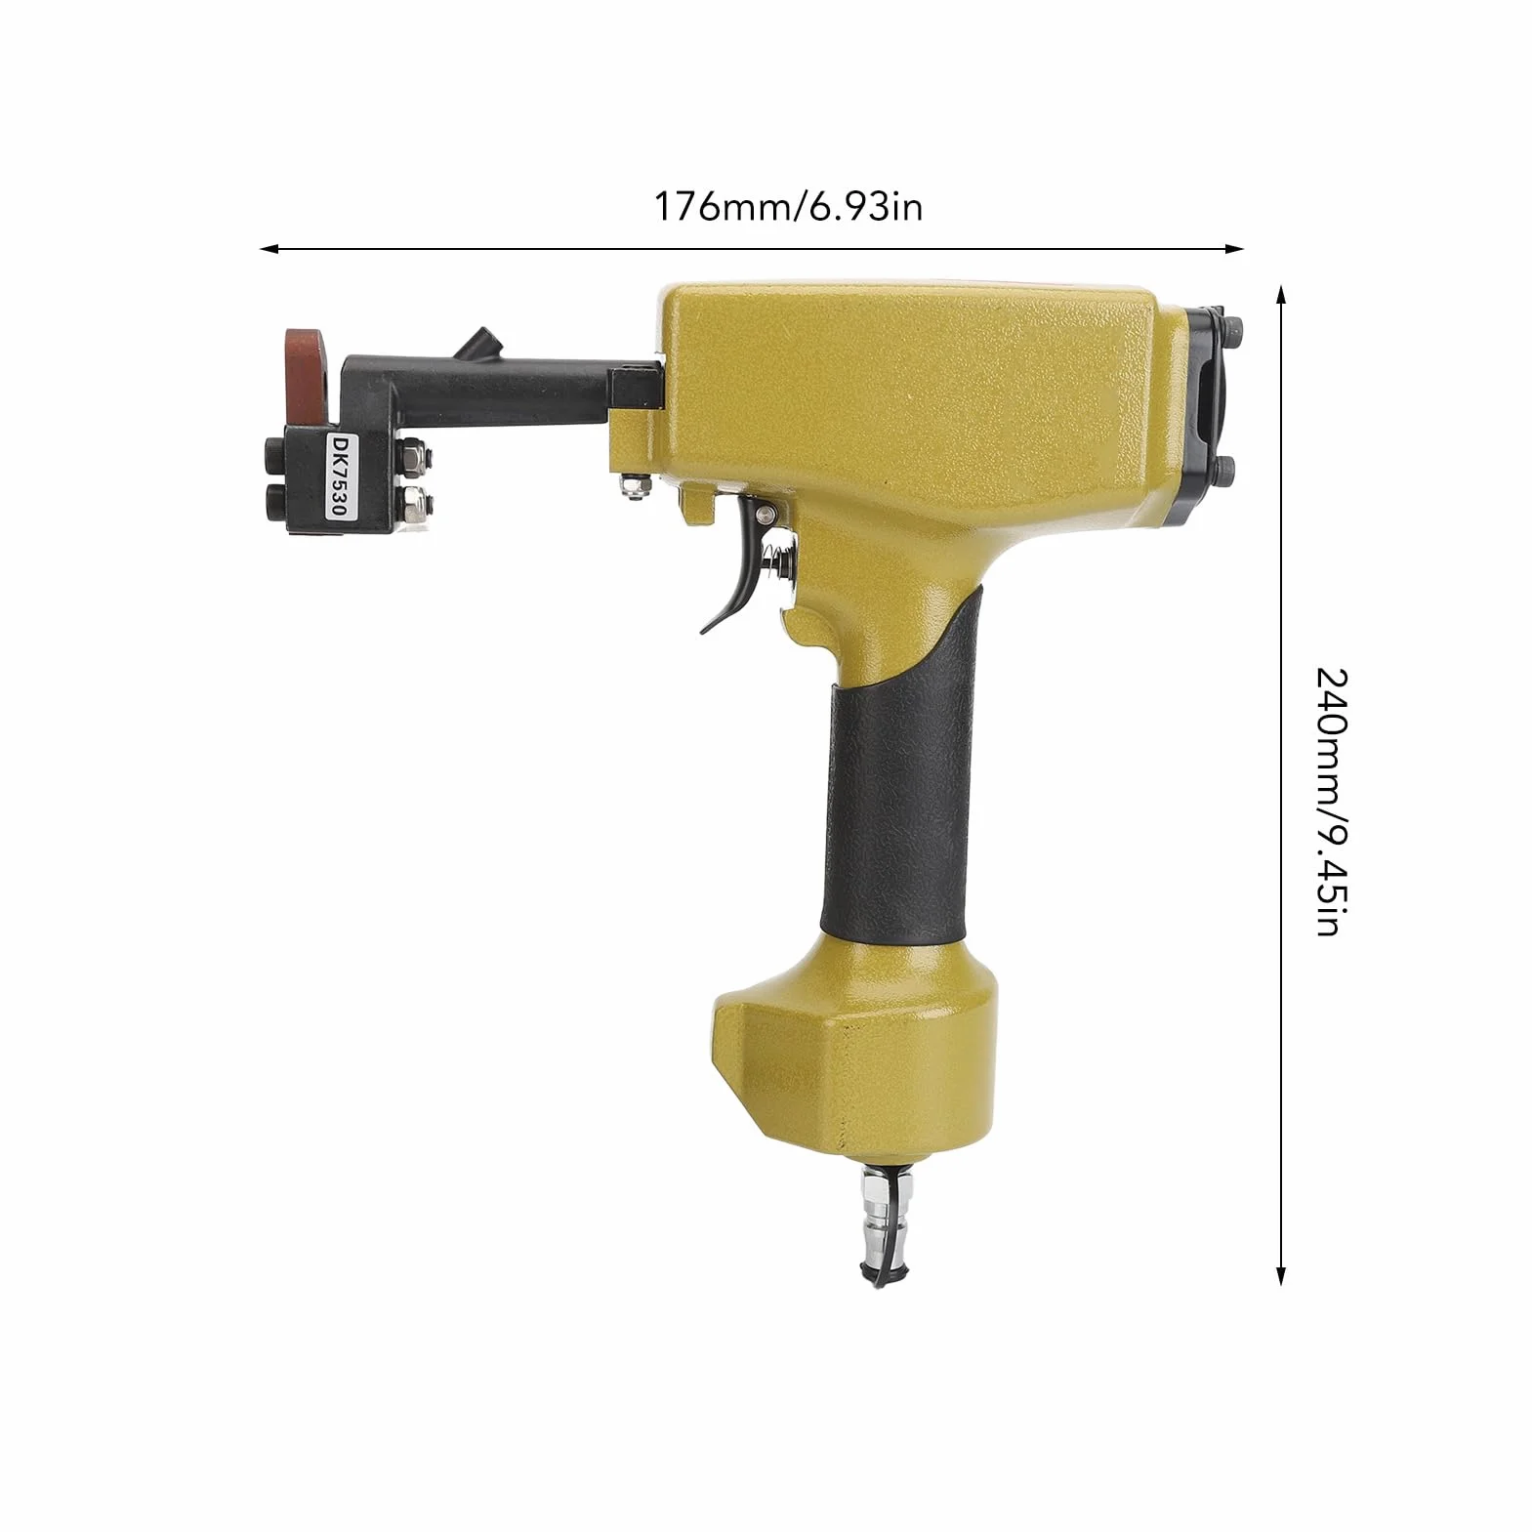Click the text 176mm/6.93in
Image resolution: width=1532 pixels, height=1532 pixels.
(x=788, y=207)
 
